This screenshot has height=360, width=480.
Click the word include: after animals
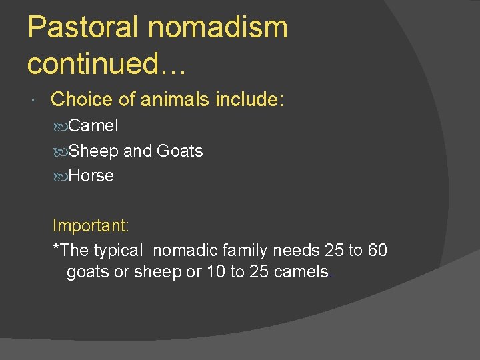point(250,100)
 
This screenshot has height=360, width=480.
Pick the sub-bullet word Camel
point(93,125)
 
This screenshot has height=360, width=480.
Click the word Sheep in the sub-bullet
point(93,151)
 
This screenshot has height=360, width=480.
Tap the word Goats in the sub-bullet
point(180,151)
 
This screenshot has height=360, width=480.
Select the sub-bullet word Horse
point(91,176)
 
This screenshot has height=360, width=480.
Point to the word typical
point(118,251)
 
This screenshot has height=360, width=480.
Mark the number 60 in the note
point(377,251)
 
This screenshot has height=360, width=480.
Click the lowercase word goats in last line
point(89,273)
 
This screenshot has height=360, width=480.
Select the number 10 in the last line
point(216,273)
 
